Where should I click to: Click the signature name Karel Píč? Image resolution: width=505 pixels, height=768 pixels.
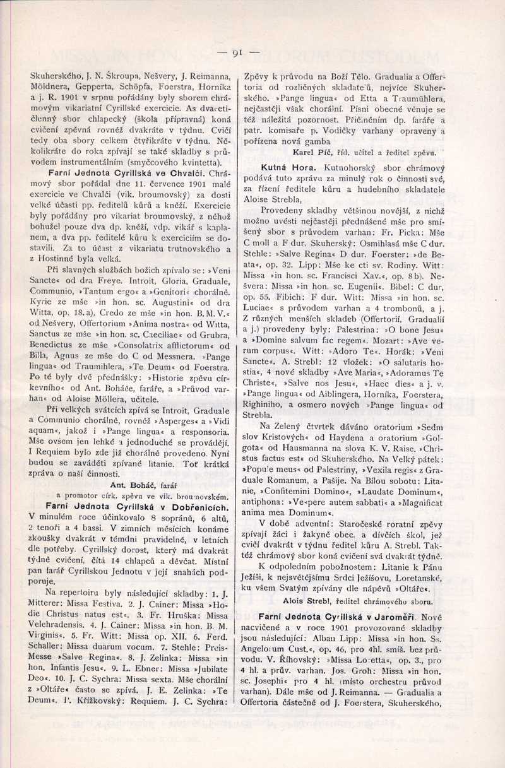point(311,152)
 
